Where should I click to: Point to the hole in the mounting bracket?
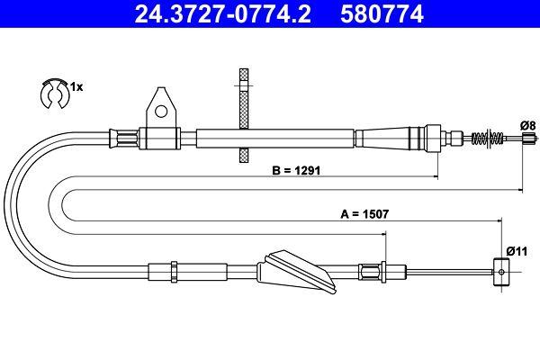coord(162,112)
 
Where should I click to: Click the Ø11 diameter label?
coord(515,250)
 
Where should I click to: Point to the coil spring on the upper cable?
coord(486,139)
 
